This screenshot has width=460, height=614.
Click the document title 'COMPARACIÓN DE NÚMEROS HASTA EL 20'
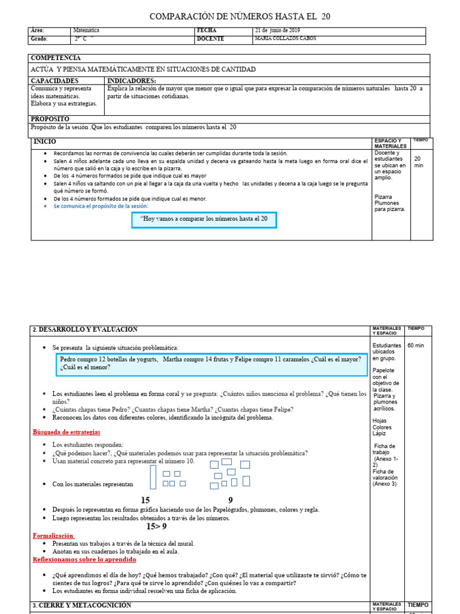239,16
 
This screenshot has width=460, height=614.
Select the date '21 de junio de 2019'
277,31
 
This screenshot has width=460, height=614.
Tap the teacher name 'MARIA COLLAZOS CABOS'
285,39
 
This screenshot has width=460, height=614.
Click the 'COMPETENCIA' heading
55,58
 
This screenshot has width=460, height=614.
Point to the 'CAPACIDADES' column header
55,80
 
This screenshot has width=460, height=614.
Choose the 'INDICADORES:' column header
131,80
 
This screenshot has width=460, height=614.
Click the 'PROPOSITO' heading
50,119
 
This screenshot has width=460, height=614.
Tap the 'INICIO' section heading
46,142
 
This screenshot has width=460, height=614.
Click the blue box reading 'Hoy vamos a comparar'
204,220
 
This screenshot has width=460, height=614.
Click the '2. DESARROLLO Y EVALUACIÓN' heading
85,330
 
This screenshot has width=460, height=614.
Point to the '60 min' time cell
416,346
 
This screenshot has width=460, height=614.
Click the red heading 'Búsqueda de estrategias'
66,432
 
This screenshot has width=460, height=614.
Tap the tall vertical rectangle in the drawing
153,477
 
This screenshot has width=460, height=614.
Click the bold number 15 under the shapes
146,500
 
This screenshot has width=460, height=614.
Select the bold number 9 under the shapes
231,500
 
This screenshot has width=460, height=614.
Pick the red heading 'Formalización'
53,535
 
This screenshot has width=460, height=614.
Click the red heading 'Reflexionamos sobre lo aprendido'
84,559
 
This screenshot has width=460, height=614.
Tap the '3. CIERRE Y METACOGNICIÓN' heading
82,606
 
